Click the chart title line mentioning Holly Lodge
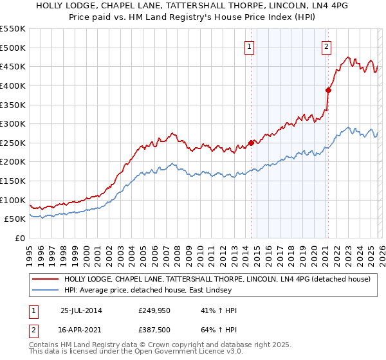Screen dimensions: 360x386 click(x=193, y=5)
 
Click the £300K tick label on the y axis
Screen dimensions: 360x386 click(x=13, y=123)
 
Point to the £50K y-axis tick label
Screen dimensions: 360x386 click(x=15, y=219)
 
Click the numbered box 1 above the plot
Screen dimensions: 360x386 click(x=249, y=46)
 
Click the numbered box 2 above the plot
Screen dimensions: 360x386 click(x=327, y=46)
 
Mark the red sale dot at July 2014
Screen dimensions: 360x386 click(x=251, y=143)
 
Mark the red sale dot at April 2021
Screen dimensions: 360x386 click(x=328, y=90)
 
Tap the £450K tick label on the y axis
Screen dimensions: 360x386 click(x=13, y=66)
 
